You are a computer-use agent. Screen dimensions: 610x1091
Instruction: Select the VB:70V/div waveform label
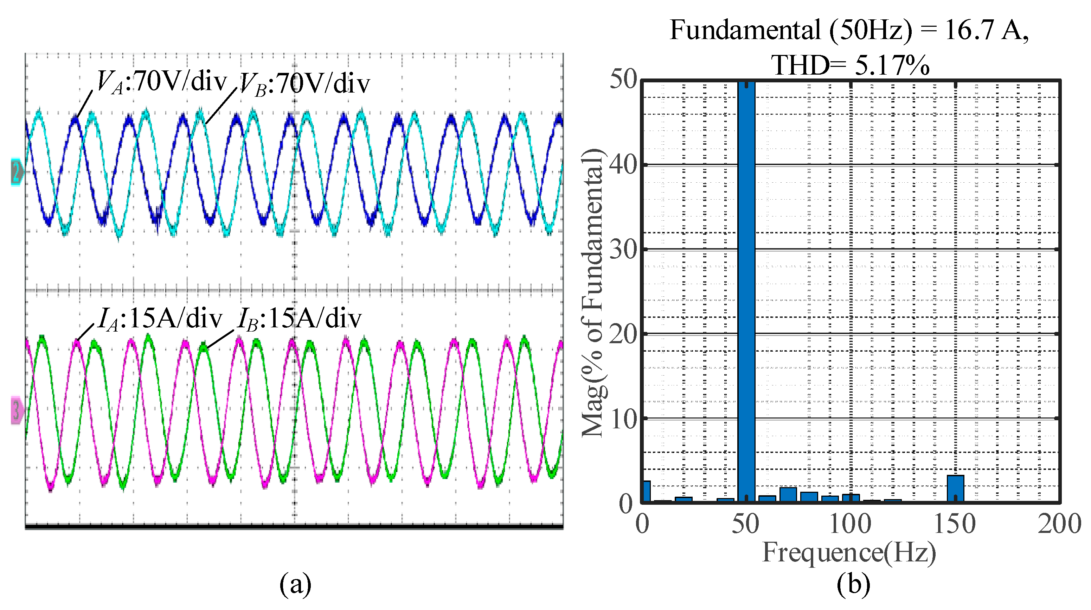tap(304, 83)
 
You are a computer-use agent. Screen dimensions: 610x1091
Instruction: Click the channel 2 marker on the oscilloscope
tap(17, 172)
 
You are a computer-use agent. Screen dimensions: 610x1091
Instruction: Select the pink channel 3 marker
tap(17, 410)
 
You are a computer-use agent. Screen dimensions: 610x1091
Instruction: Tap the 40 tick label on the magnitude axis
tap(623, 165)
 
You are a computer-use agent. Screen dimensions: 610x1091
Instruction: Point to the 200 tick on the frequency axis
tap(1059, 524)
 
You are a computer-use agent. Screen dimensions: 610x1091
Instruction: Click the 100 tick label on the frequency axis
tap(850, 524)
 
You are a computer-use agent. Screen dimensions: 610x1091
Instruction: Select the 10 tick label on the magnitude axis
tap(623, 419)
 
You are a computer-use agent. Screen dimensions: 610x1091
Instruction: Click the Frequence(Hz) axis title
tap(849, 552)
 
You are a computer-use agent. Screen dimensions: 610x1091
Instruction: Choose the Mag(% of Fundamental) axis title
tap(593, 293)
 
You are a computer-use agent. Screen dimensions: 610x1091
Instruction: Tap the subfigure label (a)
tap(295, 584)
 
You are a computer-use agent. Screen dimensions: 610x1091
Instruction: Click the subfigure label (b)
tap(853, 584)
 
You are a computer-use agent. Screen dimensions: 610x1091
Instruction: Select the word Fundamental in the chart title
tap(745, 31)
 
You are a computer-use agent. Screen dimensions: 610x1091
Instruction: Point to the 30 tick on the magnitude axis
tap(623, 250)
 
